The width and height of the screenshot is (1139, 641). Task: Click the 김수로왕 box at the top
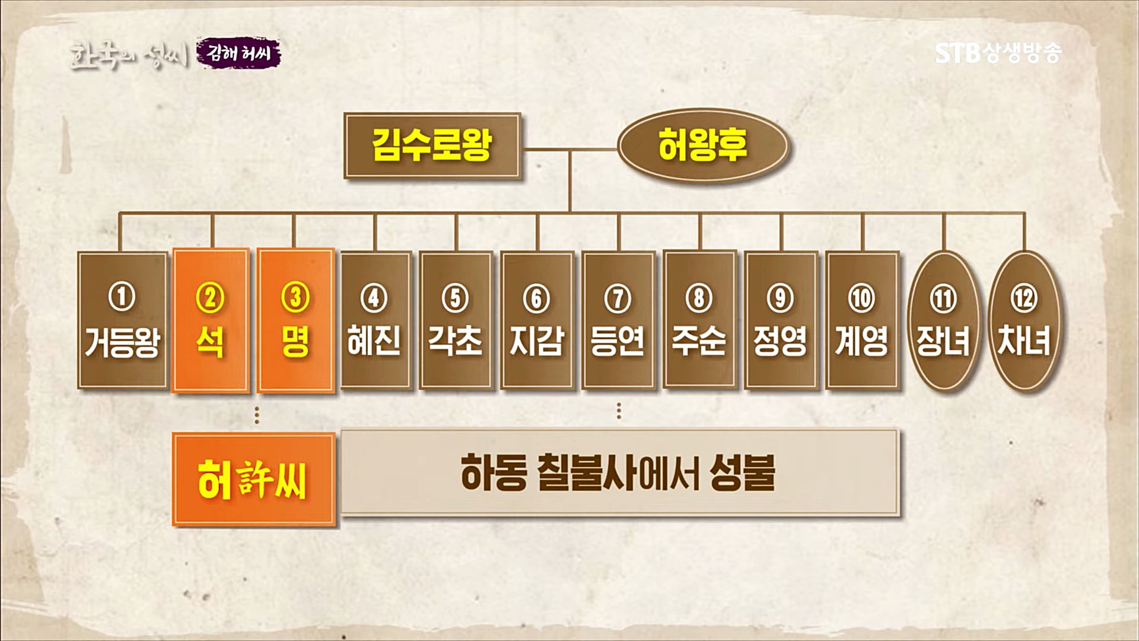[432, 145]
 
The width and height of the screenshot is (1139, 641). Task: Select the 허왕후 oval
[702, 145]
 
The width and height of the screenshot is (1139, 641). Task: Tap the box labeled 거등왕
[122, 320]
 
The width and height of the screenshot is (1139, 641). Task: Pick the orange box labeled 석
[210, 320]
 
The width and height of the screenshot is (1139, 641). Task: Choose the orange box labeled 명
[295, 320]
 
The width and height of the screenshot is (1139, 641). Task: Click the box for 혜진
[374, 320]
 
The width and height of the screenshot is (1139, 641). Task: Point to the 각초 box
[456, 320]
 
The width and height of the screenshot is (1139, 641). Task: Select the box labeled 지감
[537, 320]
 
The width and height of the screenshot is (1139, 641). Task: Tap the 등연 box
[618, 320]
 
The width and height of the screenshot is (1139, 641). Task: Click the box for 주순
[699, 320]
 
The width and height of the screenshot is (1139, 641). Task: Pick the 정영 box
[781, 320]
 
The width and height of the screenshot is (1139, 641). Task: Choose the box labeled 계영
[862, 320]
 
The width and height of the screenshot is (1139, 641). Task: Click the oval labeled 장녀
[943, 320]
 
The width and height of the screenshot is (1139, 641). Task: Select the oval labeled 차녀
[1025, 320]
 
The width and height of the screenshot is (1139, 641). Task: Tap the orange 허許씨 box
[254, 480]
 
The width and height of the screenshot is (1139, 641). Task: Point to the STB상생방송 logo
[998, 53]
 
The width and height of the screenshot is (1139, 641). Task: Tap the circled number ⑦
[618, 299]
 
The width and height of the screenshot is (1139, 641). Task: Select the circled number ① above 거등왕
[122, 297]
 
